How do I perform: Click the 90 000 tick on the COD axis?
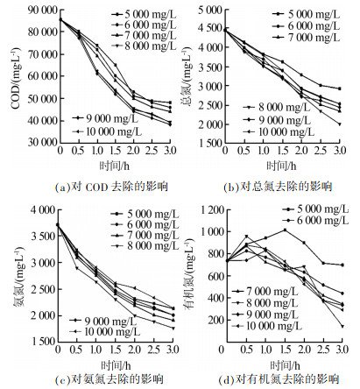click(x=42, y=11)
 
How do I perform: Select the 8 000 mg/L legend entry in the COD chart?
click(x=144, y=46)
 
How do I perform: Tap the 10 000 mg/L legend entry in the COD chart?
click(x=107, y=131)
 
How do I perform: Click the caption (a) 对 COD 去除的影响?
click(x=111, y=187)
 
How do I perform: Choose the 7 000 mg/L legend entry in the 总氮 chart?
click(x=307, y=38)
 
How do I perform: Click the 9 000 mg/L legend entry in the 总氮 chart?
click(x=277, y=120)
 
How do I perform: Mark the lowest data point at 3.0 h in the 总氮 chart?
click(x=340, y=124)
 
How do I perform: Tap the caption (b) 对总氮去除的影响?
click(x=278, y=187)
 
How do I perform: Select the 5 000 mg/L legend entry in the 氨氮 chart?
click(x=145, y=214)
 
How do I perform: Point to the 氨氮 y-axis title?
click(x=18, y=276)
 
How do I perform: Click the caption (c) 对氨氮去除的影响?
click(x=109, y=379)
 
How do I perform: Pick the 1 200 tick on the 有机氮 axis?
click(x=213, y=210)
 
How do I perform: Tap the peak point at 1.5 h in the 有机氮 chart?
click(x=285, y=230)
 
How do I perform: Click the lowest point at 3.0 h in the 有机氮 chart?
click(x=342, y=326)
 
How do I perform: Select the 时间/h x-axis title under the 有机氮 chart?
click(x=285, y=365)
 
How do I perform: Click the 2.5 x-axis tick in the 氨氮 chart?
click(x=154, y=350)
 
